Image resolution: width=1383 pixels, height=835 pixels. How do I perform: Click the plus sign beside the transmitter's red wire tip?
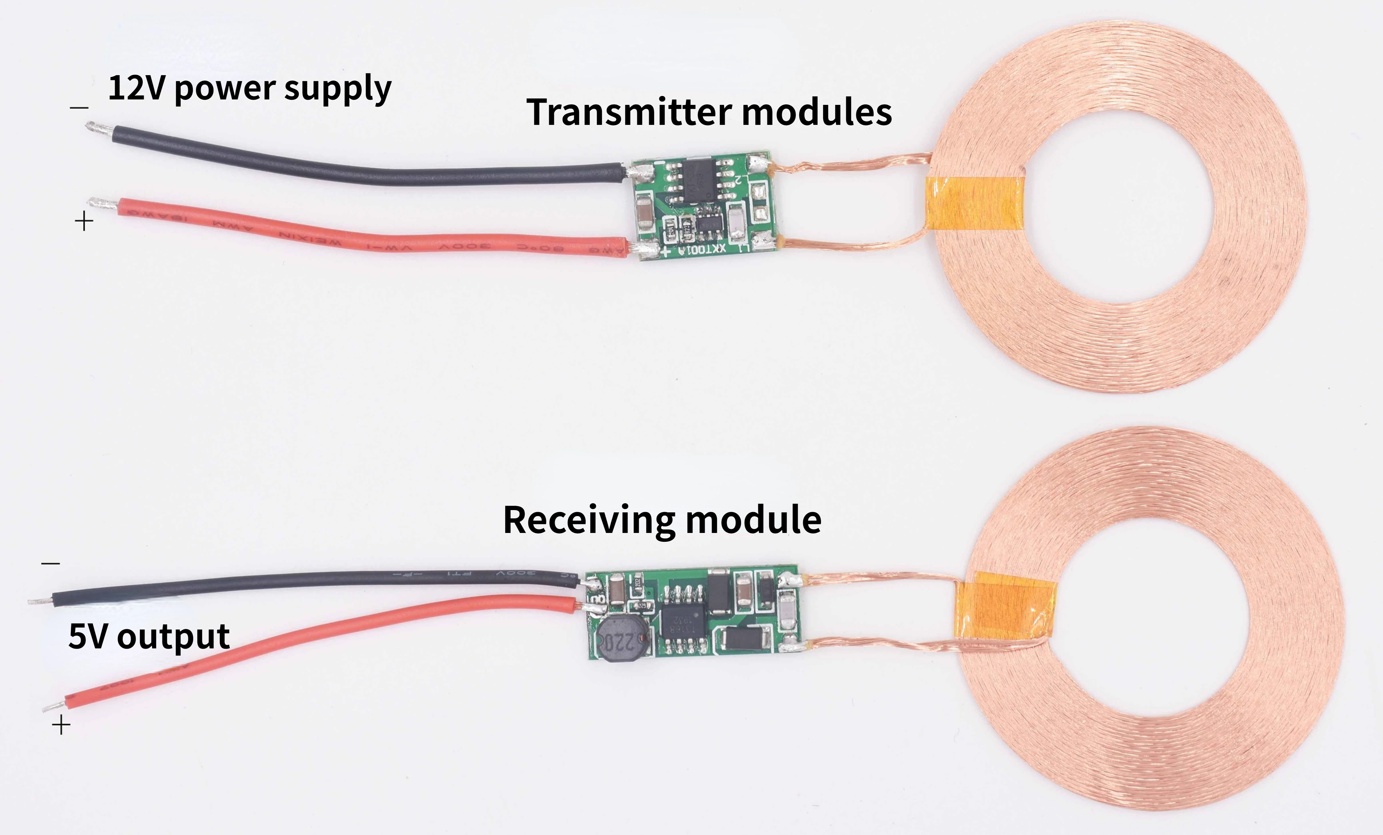point(84,221)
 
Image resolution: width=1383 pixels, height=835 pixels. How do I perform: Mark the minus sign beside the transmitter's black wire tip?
point(79,107)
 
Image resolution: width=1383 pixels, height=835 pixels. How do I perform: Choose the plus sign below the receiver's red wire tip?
point(61,726)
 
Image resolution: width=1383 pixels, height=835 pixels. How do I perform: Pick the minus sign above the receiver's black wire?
point(51,563)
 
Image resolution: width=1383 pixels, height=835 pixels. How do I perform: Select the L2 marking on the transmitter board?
point(740,180)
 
